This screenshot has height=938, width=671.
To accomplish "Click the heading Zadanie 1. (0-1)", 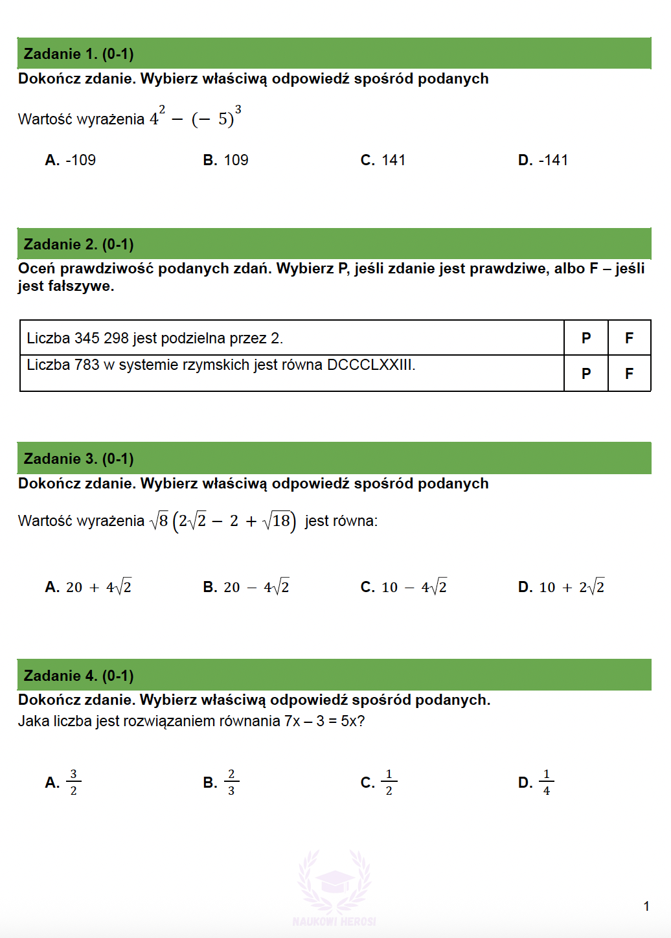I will click(x=78, y=54).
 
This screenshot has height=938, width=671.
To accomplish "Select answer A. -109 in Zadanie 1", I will click(x=71, y=160).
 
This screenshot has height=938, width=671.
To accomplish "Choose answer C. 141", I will click(x=383, y=160).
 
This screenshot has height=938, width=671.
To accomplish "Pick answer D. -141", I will click(x=543, y=160).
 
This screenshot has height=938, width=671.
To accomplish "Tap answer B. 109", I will click(x=225, y=160).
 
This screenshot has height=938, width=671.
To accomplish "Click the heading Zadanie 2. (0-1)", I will click(x=78, y=244).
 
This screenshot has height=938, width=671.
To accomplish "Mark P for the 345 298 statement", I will click(x=586, y=338).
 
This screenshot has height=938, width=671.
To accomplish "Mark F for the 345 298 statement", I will click(x=629, y=338).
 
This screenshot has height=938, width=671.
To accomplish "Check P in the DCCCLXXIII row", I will click(x=586, y=374).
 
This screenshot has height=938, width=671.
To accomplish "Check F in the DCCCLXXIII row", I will click(x=629, y=374).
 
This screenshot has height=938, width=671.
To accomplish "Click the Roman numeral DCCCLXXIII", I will click(x=370, y=365).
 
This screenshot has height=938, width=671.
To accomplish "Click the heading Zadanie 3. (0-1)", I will click(x=78, y=459).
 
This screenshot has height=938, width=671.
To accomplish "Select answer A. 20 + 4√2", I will click(x=89, y=587).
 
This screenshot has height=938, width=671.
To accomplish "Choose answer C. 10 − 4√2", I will click(x=404, y=587).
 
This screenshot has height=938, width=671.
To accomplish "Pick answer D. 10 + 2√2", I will click(x=562, y=587).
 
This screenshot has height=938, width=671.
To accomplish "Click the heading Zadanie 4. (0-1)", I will click(x=78, y=676).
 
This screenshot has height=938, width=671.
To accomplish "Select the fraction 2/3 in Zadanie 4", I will click(x=231, y=783).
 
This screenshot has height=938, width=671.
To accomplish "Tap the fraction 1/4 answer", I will click(x=546, y=783).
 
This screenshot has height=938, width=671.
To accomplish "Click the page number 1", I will click(x=646, y=906).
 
